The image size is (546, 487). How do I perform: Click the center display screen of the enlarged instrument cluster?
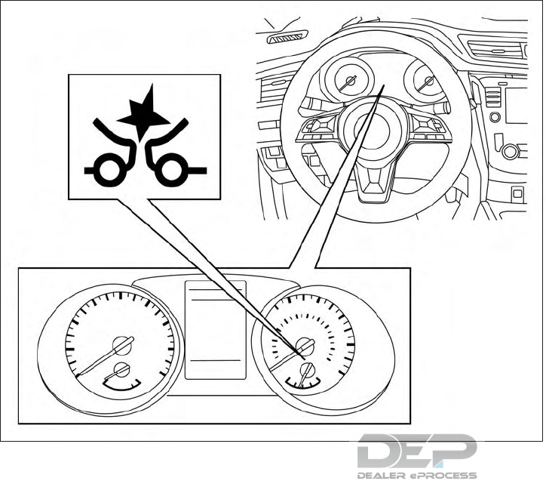click(x=216, y=329)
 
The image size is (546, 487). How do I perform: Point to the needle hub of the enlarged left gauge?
click(x=121, y=346)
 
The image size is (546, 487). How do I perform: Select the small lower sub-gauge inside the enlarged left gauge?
click(x=121, y=371)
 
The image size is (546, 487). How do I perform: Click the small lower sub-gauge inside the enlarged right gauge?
click(x=306, y=370)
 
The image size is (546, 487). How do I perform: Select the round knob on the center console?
click(x=511, y=151)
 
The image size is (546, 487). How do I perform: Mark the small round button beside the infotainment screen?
click(x=495, y=117)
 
